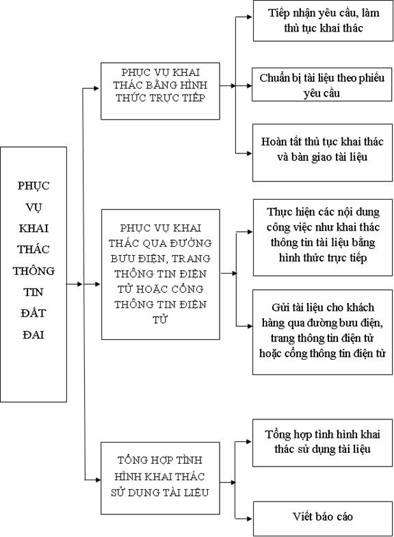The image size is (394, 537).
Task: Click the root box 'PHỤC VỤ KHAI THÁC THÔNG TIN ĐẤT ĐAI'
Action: [x=34, y=274]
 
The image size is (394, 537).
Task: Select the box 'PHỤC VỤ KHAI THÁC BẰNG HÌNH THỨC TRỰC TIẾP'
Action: [x=160, y=91]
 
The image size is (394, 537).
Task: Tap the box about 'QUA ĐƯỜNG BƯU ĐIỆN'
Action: [x=161, y=274]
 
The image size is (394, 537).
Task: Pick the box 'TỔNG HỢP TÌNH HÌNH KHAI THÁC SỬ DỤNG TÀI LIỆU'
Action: [x=160, y=478]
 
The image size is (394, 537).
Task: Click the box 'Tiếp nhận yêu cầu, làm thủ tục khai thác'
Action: [x=323, y=21]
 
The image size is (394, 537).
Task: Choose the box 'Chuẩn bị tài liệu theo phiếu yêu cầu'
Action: [x=321, y=85]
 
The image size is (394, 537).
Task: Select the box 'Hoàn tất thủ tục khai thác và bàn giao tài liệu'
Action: [x=322, y=153]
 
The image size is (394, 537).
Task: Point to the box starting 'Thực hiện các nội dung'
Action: [x=323, y=237]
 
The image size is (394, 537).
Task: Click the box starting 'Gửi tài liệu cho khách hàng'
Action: [x=322, y=332]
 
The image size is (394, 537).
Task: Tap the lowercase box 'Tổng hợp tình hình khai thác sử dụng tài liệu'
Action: [x=322, y=443]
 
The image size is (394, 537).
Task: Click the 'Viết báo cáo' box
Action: [x=323, y=519]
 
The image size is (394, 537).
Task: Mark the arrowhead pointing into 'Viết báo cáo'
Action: [x=250, y=519]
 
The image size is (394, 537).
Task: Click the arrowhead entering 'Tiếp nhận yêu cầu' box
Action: [x=250, y=16]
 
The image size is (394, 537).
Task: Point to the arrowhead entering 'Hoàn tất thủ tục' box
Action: [x=250, y=153]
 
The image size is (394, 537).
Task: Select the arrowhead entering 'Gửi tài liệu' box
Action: [x=250, y=326]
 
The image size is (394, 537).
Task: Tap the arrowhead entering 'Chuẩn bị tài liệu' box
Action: [x=249, y=86]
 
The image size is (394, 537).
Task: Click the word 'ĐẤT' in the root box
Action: [x=34, y=313]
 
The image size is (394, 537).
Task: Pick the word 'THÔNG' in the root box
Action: [x=34, y=271]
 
